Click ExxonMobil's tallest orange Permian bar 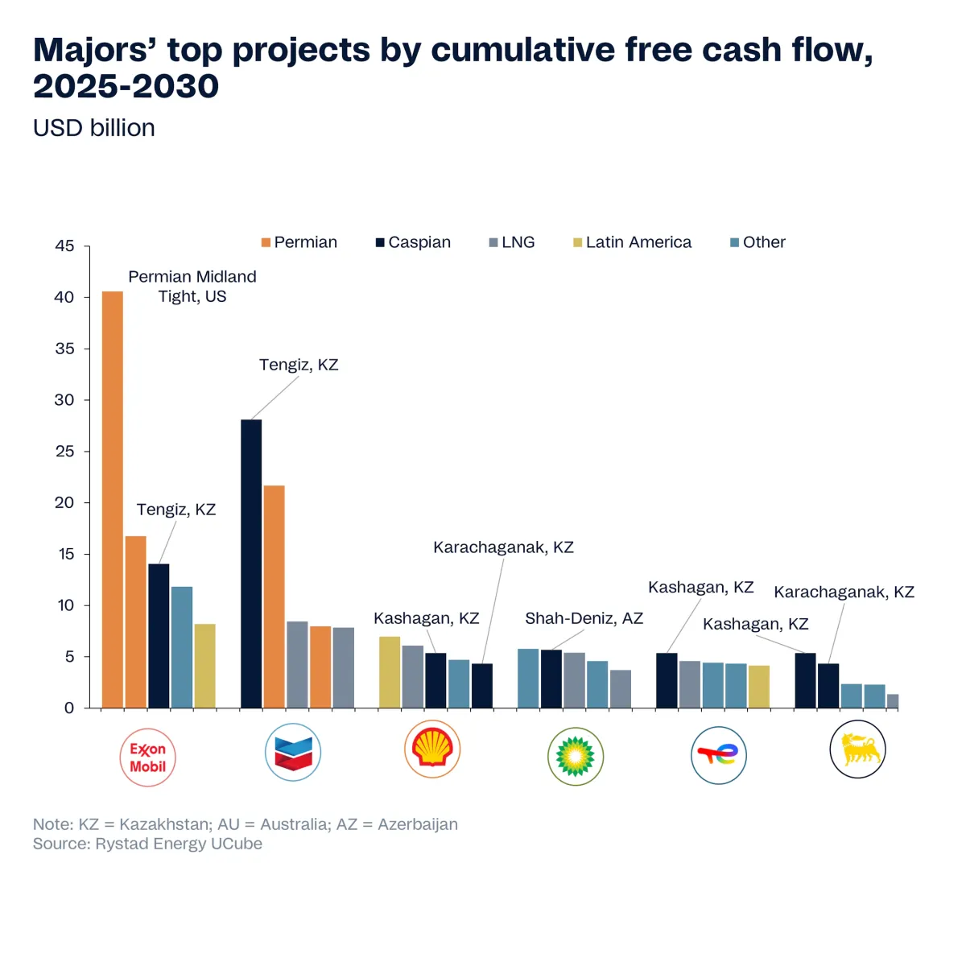click(113, 499)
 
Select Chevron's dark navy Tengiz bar click(251, 563)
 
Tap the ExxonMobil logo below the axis click(148, 758)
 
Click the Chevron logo click(293, 753)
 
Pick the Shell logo click(432, 749)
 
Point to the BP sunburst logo click(576, 757)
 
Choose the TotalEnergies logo click(719, 755)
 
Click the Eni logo click(857, 749)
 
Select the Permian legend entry click(299, 242)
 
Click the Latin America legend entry click(633, 242)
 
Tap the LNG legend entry click(512, 242)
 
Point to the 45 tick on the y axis click(64, 246)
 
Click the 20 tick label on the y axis click(64, 502)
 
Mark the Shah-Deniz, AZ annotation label click(584, 618)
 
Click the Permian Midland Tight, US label click(192, 287)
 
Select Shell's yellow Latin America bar click(390, 672)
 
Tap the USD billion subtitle click(94, 128)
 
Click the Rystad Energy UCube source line click(147, 844)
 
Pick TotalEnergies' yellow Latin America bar click(759, 687)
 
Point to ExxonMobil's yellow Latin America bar click(205, 666)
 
